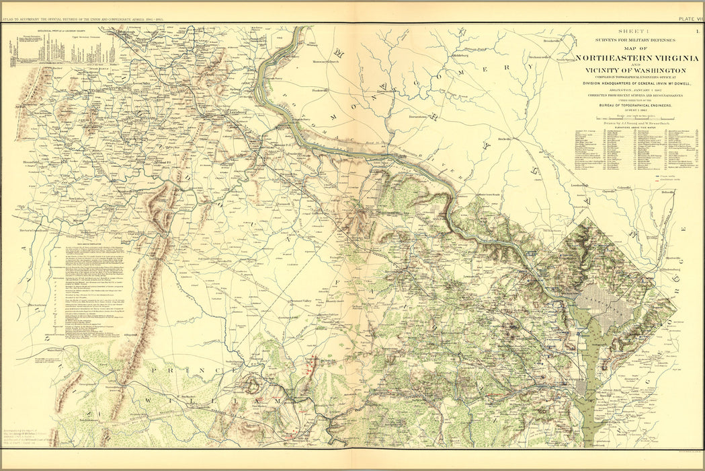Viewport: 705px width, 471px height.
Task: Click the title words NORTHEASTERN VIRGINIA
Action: (x=632, y=59)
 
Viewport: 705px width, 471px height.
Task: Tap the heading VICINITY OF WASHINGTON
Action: (x=631, y=70)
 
